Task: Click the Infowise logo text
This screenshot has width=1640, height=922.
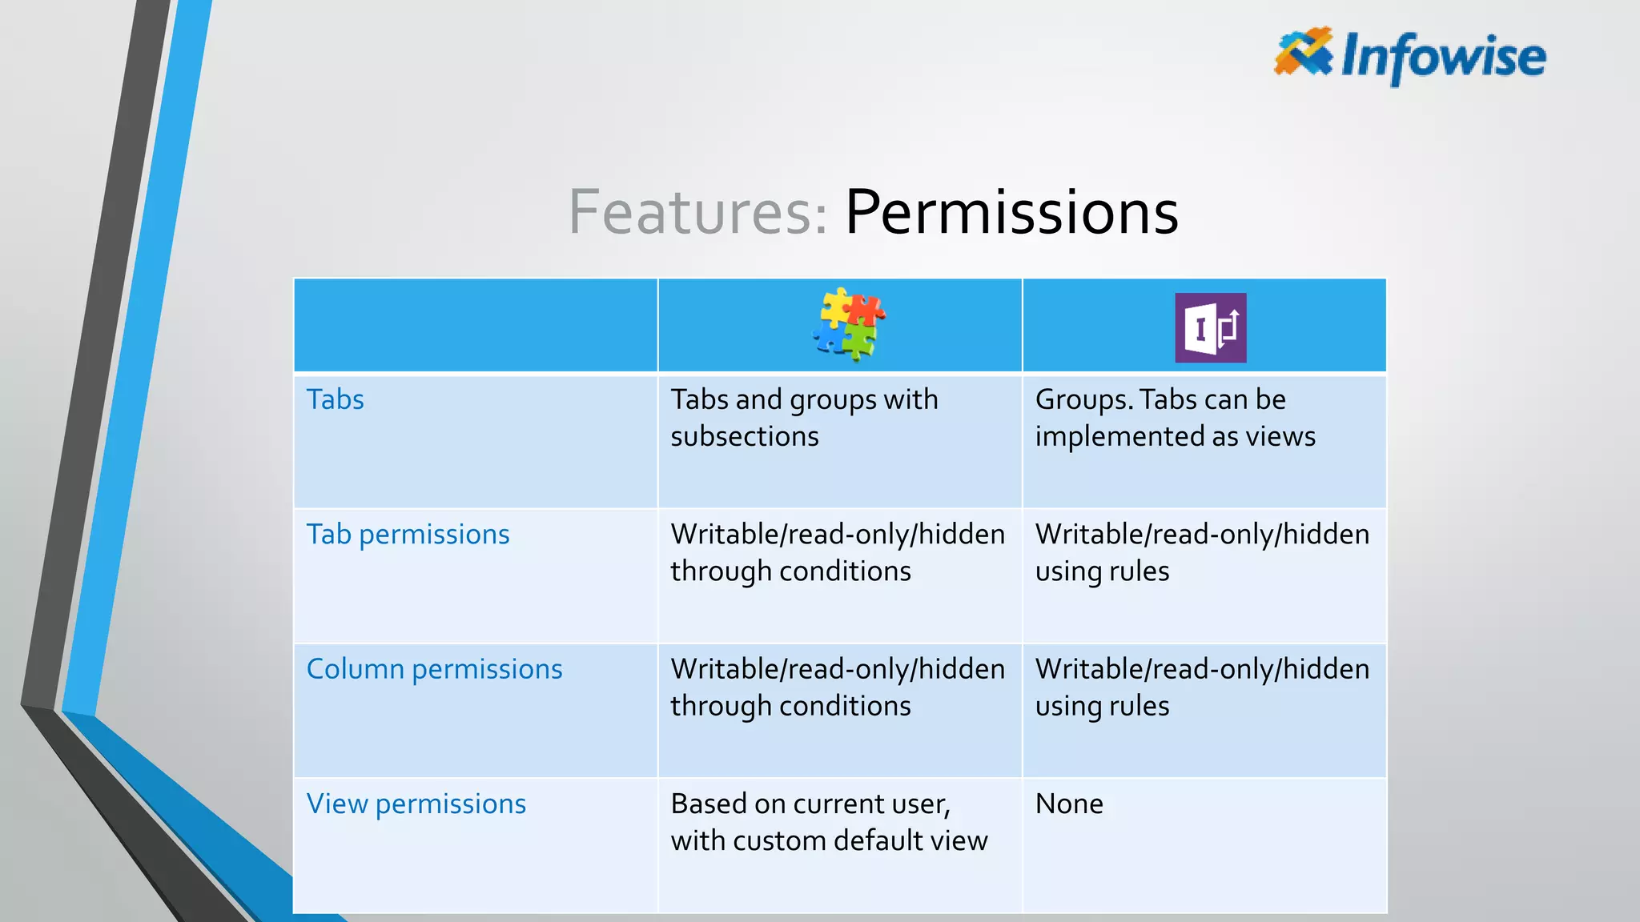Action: pyautogui.click(x=1443, y=56)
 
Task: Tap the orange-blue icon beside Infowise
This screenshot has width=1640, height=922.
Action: pyautogui.click(x=1303, y=51)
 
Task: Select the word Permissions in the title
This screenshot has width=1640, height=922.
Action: pyautogui.click(x=1011, y=212)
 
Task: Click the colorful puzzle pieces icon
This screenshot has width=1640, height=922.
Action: pyautogui.click(x=848, y=325)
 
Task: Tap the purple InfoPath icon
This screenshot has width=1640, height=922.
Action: pyautogui.click(x=1210, y=327)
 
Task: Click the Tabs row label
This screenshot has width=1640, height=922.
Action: pyautogui.click(x=335, y=399)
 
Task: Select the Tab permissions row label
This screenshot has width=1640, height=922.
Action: pyautogui.click(x=408, y=534)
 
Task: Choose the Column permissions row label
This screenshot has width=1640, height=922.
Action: pyautogui.click(x=434, y=669)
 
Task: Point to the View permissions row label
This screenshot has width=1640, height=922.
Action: pyautogui.click(x=416, y=804)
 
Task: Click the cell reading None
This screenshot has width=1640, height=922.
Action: pyautogui.click(x=1069, y=804)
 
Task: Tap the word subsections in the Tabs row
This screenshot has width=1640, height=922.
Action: pyautogui.click(x=744, y=437)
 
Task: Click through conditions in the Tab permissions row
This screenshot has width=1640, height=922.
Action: pyautogui.click(x=790, y=571)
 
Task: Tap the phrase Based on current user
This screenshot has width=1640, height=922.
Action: pyautogui.click(x=810, y=804)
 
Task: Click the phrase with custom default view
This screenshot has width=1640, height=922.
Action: pyautogui.click(x=829, y=841)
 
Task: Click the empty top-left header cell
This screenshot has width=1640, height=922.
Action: pyautogui.click(x=476, y=326)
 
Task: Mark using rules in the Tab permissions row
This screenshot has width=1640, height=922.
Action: pyautogui.click(x=1102, y=571)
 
